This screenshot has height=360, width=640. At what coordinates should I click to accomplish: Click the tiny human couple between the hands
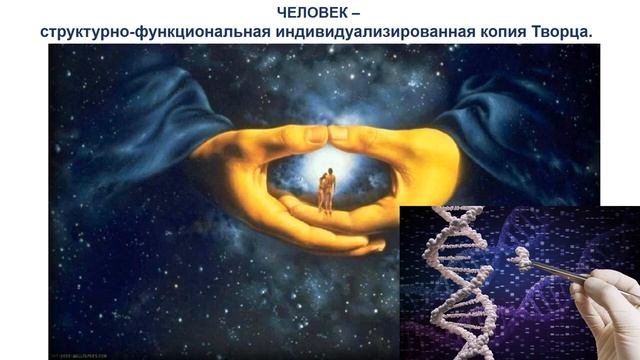(325, 190)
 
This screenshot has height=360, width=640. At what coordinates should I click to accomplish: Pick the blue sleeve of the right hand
(500, 110)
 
